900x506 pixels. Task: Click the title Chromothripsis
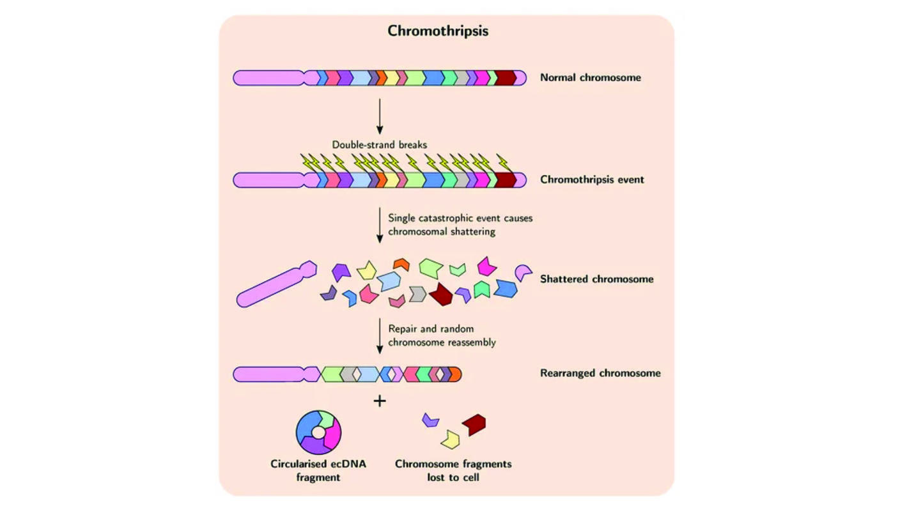coord(438,31)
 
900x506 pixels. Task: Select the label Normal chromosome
coord(590,78)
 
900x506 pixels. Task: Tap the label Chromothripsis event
coord(592,180)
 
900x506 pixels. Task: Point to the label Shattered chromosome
coord(596,279)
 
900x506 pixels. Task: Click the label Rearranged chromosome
coord(600,373)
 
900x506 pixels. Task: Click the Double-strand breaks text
coord(379,145)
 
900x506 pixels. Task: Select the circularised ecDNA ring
coord(318,432)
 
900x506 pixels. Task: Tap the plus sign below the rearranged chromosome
coord(380,401)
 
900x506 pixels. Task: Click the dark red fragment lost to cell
coord(474,424)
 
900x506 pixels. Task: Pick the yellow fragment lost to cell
coord(451,439)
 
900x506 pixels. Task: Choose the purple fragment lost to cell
coord(431,420)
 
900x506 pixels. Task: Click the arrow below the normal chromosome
coord(380,116)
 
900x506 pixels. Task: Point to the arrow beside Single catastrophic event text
coord(380,225)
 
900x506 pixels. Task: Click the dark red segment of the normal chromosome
coord(505,78)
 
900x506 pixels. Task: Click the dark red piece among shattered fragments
coord(441,294)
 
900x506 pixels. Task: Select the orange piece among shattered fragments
coord(401,263)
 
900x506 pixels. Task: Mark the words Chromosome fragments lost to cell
coord(453,470)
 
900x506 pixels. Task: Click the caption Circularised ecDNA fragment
coord(318,470)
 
